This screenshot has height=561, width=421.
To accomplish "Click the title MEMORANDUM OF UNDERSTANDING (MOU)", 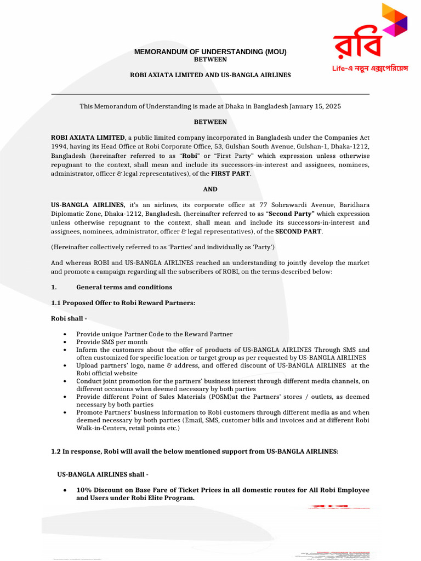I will pyautogui.click(x=210, y=52).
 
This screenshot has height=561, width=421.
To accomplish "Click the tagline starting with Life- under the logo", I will pyautogui.click(x=371, y=68).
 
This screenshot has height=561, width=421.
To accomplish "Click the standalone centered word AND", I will pyautogui.click(x=210, y=189).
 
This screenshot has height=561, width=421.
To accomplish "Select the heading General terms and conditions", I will pyautogui.click(x=124, y=287).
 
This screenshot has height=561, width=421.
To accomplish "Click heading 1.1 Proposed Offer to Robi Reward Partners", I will pyautogui.click(x=123, y=302).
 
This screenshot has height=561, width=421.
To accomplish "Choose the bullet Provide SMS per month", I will pyautogui.click(x=112, y=342).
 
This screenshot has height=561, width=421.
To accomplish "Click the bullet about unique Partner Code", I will pyautogui.click(x=154, y=334).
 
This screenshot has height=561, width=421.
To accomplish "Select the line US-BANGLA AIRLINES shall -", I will pyautogui.click(x=103, y=474).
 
